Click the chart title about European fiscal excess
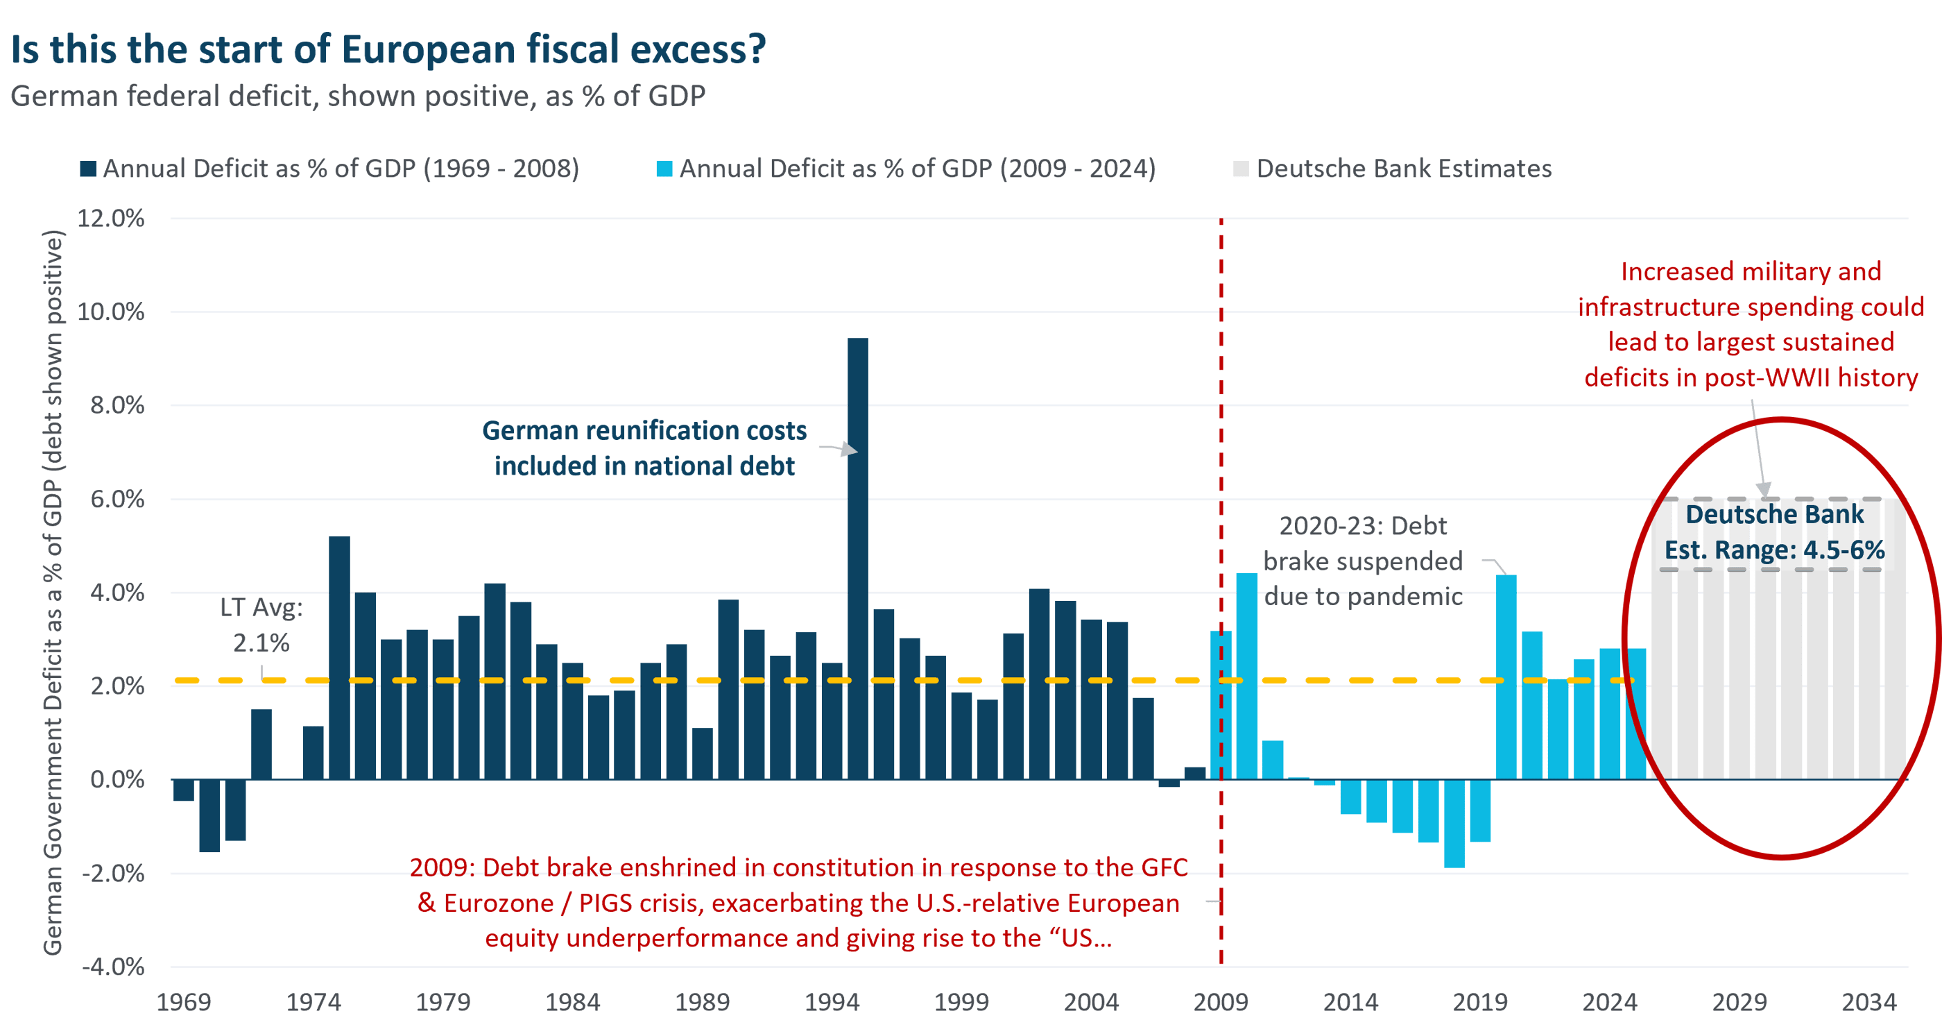(x=388, y=50)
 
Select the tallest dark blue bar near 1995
(x=857, y=558)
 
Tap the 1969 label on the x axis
(x=183, y=1003)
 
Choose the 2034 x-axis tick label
(x=1868, y=1003)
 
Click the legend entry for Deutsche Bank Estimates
(x=1402, y=169)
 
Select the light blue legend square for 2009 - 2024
(x=664, y=169)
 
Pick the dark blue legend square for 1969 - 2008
(x=88, y=169)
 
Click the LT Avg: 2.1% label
(x=261, y=625)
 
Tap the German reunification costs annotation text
(x=644, y=448)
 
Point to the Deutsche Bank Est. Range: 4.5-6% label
(x=1774, y=532)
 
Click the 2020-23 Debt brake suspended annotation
(x=1363, y=561)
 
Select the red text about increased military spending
(x=1751, y=324)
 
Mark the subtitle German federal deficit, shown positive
(x=358, y=96)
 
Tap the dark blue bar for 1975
(x=339, y=658)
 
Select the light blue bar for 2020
(x=1506, y=677)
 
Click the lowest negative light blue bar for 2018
(x=1454, y=824)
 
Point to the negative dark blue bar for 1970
(x=209, y=816)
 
